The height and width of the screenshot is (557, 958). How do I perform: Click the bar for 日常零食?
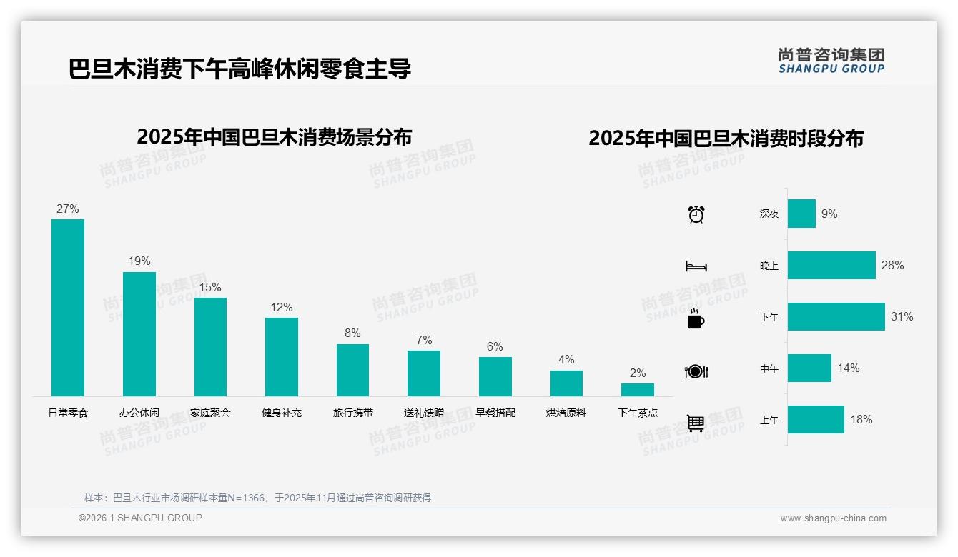68,308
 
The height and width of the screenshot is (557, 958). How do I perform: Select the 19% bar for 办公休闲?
139,334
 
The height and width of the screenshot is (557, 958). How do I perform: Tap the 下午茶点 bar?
637,390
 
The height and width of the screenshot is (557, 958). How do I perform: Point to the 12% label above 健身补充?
282,307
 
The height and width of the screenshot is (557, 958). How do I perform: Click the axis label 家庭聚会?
210,413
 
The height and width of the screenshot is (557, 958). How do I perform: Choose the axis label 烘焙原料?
566,413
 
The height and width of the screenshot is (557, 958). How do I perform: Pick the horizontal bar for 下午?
836,317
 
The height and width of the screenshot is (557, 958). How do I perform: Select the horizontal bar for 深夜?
801,214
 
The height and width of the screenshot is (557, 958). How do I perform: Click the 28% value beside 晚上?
892,266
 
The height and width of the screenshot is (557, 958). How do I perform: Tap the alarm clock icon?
696,214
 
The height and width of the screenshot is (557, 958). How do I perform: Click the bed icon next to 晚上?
696,266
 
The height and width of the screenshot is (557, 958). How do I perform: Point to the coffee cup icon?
696,318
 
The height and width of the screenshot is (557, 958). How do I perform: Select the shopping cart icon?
696,423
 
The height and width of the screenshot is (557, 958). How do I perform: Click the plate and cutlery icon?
696,371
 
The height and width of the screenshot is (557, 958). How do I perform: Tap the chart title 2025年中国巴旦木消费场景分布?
274,136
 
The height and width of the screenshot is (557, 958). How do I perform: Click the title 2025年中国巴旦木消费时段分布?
726,138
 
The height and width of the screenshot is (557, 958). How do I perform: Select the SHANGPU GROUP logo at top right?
831,61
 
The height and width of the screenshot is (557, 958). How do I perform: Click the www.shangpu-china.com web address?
833,518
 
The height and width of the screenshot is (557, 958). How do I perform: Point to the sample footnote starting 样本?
257,498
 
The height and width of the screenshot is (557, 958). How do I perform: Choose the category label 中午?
769,368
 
